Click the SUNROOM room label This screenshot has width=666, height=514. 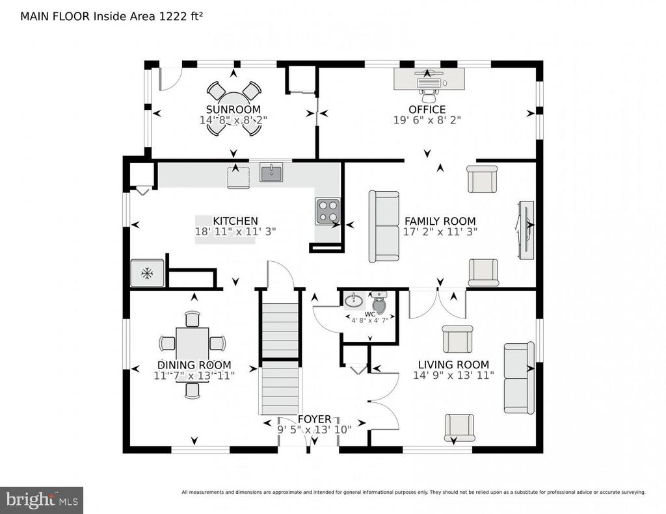tap(233, 109)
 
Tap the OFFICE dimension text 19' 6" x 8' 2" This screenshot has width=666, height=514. tap(427, 120)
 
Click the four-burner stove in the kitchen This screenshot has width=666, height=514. tap(328, 211)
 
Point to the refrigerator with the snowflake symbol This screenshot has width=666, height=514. tap(147, 273)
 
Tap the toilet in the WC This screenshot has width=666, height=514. tap(379, 302)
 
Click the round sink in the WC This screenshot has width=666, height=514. tap(354, 300)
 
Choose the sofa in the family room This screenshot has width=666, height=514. tap(384, 226)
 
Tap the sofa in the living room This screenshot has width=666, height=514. tap(518, 378)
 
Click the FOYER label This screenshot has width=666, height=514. tap(314, 419)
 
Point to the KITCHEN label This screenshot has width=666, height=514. tap(235, 221)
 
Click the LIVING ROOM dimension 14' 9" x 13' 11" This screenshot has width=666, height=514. tap(453, 375)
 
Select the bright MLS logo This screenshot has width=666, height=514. tap(42, 500)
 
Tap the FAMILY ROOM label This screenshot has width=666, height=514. tap(440, 221)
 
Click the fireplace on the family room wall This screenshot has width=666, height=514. tap(525, 229)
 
